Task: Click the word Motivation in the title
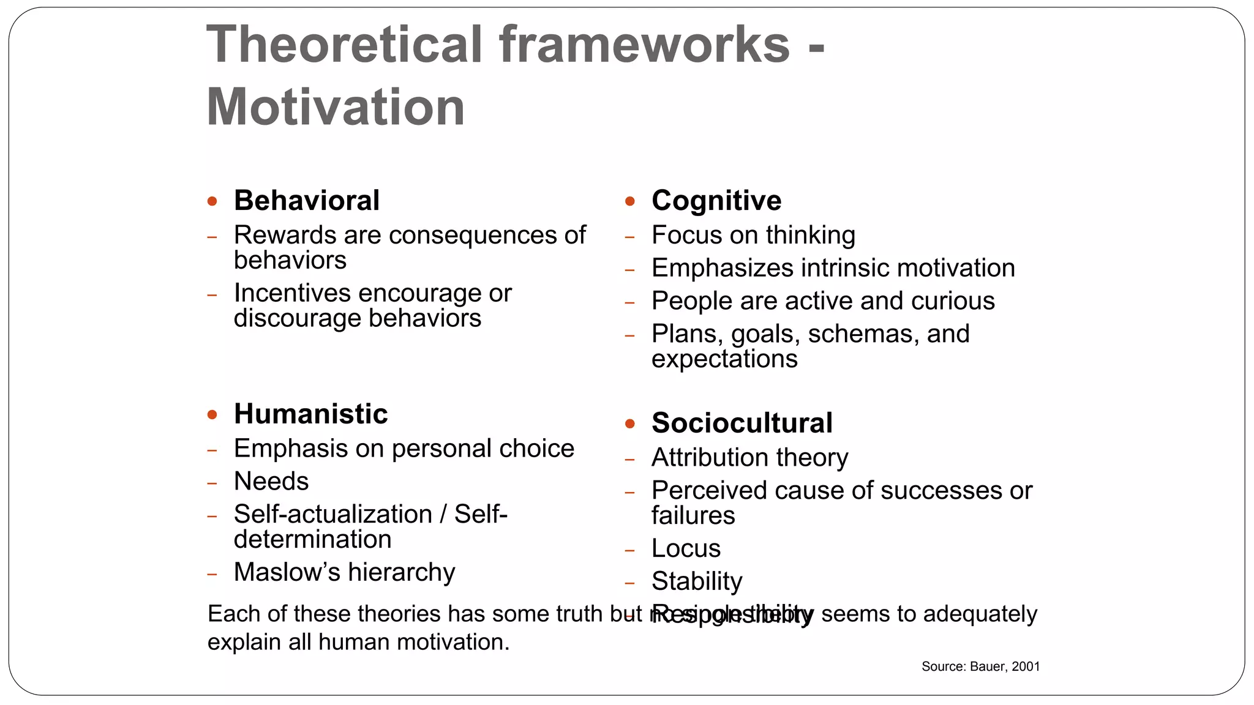(336, 108)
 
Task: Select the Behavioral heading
(306, 201)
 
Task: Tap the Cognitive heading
(716, 201)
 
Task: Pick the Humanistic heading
(310, 414)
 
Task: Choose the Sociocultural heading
(742, 423)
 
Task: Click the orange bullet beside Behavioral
(212, 201)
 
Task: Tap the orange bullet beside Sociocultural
(630, 423)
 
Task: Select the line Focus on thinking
(753, 235)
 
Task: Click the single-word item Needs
(271, 482)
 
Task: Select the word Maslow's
(287, 572)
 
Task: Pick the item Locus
(686, 548)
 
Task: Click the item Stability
(697, 581)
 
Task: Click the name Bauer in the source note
(987, 666)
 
